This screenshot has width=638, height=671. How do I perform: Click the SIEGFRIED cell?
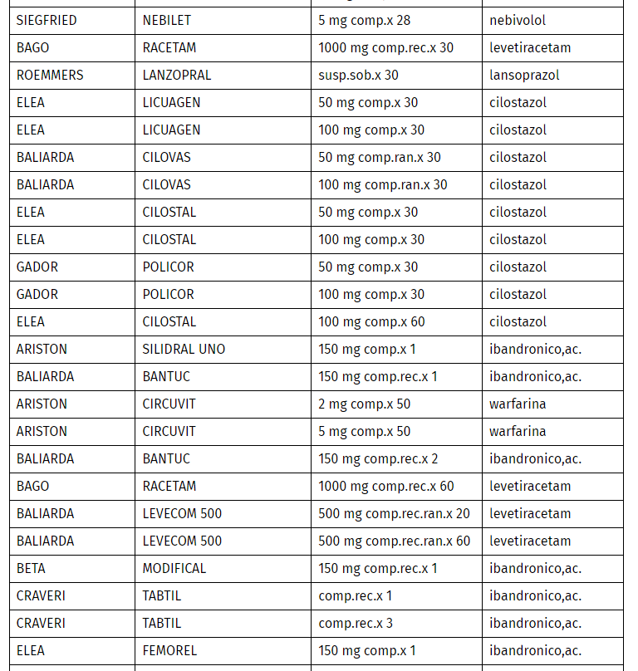[47, 20]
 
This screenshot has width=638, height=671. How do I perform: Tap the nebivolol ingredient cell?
[518, 20]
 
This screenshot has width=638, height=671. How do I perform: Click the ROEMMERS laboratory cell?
[50, 75]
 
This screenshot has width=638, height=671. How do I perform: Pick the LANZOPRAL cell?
[177, 75]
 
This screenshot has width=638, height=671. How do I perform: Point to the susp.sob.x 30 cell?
[358, 75]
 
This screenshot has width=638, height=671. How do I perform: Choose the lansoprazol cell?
[524, 75]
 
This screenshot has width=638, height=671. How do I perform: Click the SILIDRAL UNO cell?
[184, 349]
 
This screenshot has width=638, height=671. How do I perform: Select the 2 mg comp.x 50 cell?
[364, 404]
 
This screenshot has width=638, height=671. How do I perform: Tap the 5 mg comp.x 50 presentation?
[364, 431]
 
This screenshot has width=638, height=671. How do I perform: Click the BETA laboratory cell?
[32, 568]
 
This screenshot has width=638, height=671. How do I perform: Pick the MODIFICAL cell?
[174, 568]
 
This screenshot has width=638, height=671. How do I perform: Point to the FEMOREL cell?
[169, 650]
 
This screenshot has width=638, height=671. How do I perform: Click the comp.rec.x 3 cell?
[356, 623]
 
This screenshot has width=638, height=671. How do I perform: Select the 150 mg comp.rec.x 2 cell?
[378, 458]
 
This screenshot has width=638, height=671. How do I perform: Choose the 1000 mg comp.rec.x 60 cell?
[386, 486]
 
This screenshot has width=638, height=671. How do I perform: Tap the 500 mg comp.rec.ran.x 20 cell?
[394, 513]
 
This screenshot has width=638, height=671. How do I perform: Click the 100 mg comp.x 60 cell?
[371, 321]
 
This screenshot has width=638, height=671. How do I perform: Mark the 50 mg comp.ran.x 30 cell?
[380, 157]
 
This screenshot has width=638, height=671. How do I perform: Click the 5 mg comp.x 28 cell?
[364, 20]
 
